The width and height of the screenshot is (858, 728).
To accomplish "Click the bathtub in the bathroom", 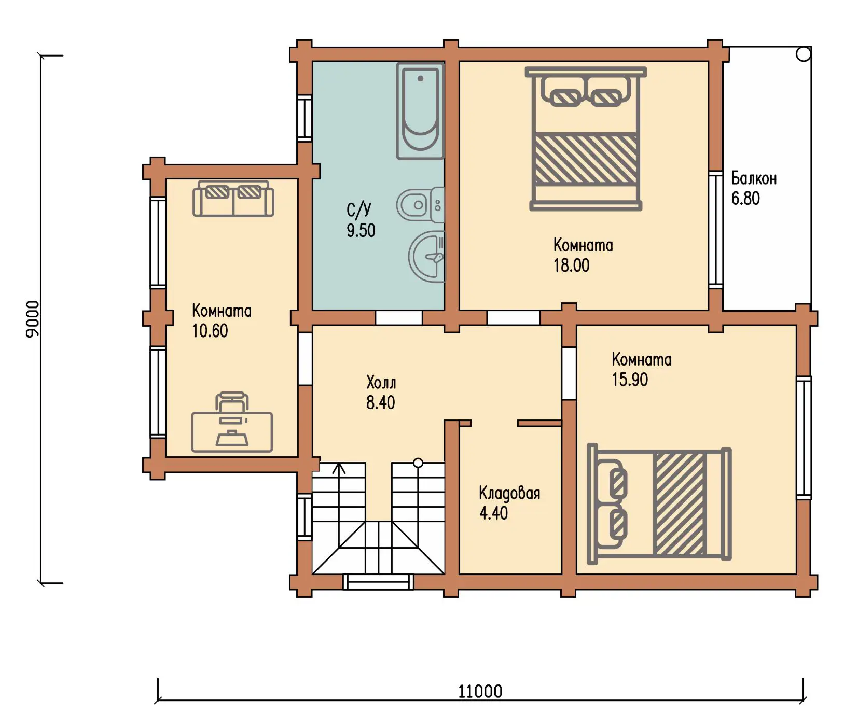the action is (x=420, y=111).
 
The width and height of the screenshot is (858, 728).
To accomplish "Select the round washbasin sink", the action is (x=427, y=256).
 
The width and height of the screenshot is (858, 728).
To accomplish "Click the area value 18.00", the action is (x=571, y=265).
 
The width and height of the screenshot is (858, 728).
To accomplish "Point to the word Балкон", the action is (x=754, y=178).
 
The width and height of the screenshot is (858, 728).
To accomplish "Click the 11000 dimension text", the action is (x=480, y=691).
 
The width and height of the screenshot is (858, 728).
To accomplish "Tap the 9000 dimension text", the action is (x=32, y=319).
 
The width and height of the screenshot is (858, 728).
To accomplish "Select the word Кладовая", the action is (x=509, y=493).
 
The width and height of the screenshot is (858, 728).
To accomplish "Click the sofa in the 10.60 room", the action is (x=233, y=198).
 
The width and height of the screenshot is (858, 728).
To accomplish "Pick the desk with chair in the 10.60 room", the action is (x=232, y=423).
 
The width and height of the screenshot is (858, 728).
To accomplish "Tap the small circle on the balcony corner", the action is (x=803, y=54).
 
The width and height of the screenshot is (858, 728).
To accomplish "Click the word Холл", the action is (x=381, y=383).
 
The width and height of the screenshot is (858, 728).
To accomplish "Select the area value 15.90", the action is (x=629, y=380).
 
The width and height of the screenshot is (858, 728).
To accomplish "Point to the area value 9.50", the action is (x=361, y=230).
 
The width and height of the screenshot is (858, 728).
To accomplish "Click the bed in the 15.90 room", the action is (x=659, y=504).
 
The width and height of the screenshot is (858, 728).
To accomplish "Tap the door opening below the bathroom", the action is (x=398, y=317).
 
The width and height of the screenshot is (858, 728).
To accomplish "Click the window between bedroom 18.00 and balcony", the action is (x=716, y=229).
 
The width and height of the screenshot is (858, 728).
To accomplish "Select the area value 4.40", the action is (x=493, y=513).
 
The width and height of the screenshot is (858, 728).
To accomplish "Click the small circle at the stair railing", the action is (x=418, y=463).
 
